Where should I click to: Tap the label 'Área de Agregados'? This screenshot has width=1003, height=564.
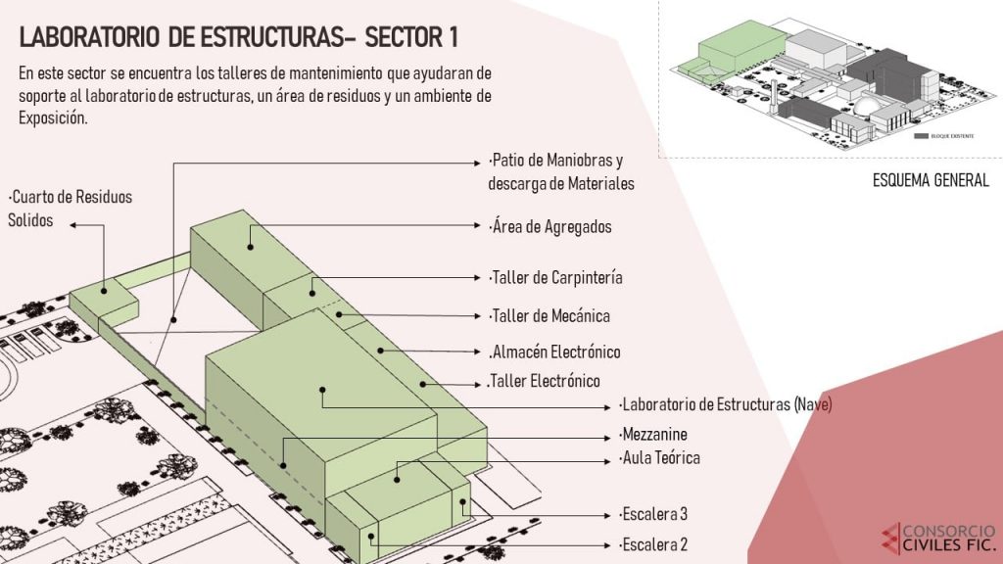(550, 227)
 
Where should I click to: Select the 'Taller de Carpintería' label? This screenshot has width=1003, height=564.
(555, 278)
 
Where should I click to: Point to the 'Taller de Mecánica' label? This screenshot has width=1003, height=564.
(549, 316)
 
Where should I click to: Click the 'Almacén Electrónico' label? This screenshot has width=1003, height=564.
(554, 352)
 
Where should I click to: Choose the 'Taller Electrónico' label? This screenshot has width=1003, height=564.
(544, 381)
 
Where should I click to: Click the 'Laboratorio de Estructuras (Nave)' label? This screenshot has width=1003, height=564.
(725, 404)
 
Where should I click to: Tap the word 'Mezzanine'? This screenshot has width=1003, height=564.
(653, 434)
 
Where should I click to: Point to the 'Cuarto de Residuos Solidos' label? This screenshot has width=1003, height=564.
(70, 209)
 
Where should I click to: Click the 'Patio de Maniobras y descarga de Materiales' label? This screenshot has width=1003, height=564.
(561, 171)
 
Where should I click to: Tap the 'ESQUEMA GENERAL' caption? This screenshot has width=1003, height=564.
(931, 180)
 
